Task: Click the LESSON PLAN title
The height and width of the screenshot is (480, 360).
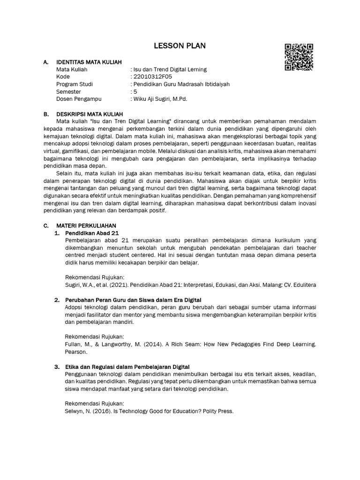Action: (x=180, y=45)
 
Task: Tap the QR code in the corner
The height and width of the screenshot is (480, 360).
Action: (x=299, y=57)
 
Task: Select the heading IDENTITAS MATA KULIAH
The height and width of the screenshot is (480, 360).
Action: (x=89, y=62)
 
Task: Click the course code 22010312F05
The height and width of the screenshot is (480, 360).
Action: (x=152, y=77)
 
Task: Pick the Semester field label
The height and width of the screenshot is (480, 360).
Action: (x=68, y=92)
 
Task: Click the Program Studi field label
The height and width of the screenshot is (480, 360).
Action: (x=74, y=84)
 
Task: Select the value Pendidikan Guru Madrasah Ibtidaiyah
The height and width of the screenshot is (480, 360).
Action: (x=181, y=84)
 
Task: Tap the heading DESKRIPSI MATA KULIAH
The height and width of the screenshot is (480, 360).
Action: (x=90, y=114)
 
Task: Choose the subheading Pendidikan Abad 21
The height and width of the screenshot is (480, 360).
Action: (x=92, y=233)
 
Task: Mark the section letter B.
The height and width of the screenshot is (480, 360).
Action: (x=45, y=114)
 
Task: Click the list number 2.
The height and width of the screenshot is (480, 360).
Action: (x=57, y=300)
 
